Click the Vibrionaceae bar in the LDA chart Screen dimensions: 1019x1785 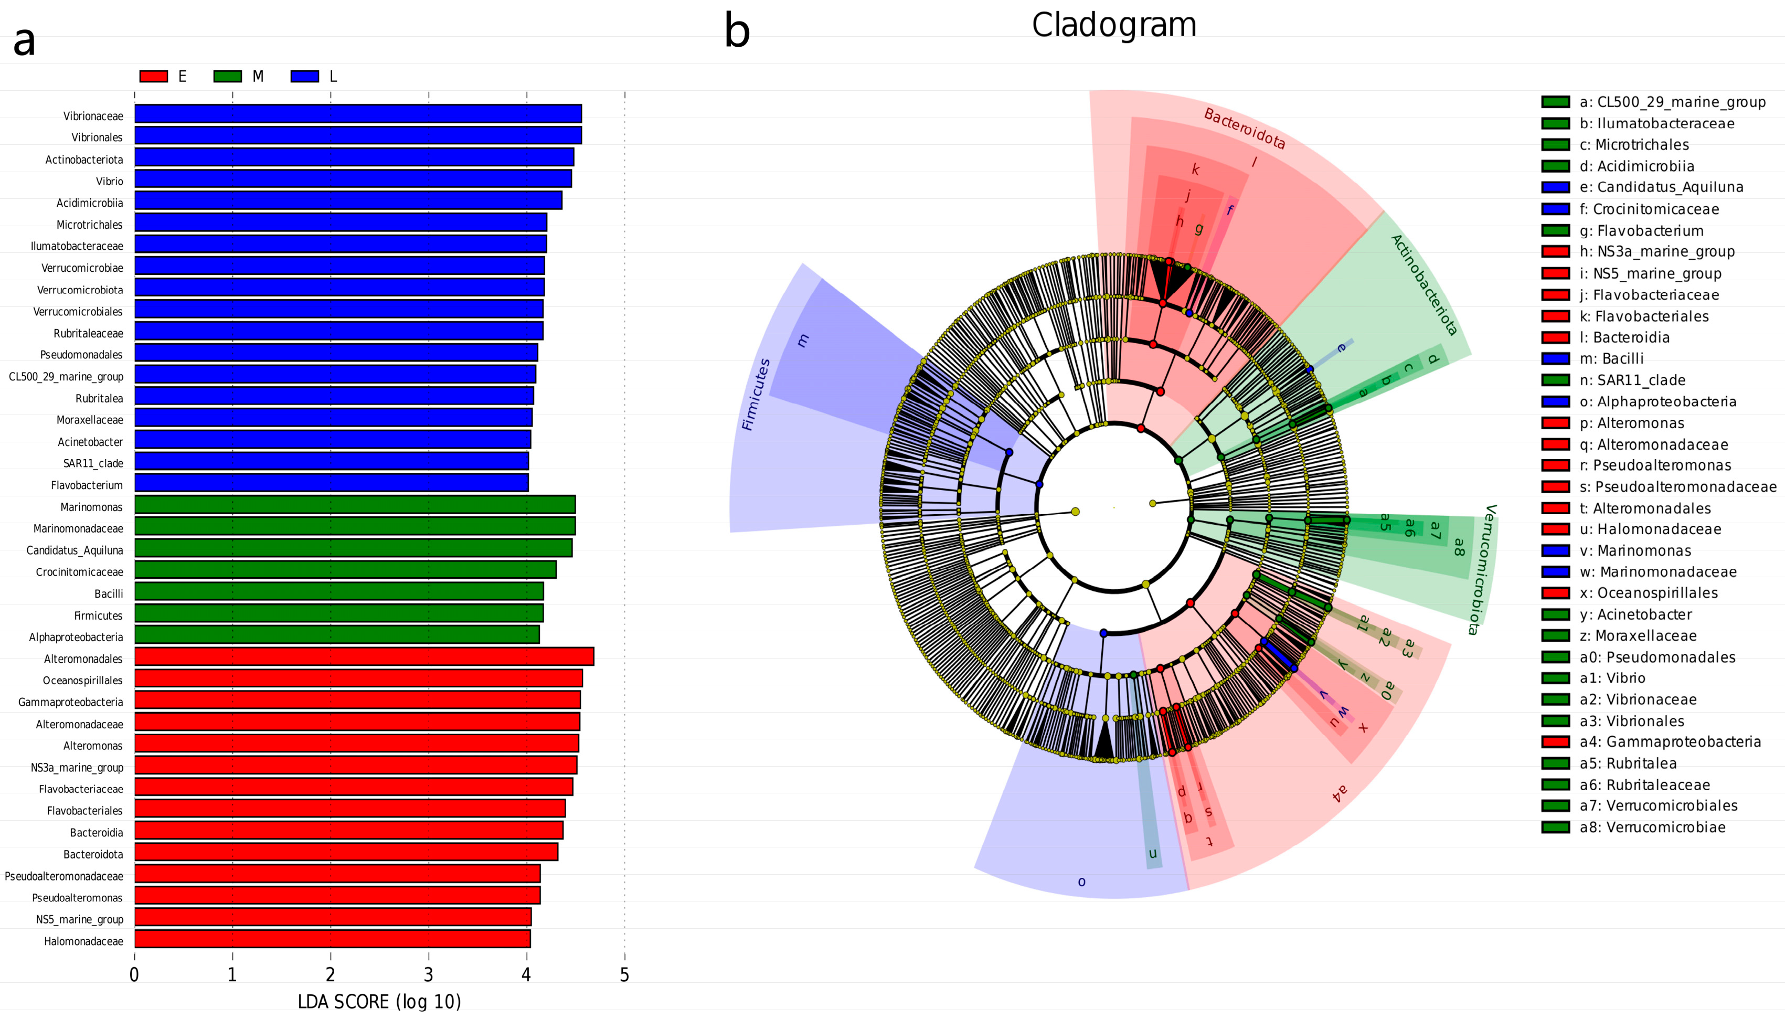[357, 114]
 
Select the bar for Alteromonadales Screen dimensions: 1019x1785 [364, 656]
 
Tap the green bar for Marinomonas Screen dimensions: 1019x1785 [355, 505]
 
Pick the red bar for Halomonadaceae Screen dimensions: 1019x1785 [332, 939]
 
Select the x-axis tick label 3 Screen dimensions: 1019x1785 [428, 975]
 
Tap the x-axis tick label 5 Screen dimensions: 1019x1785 [624, 975]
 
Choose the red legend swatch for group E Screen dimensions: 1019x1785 [154, 76]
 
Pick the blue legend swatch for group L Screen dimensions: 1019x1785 [304, 76]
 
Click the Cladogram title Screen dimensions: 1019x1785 [1114, 25]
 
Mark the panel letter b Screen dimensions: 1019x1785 [737, 31]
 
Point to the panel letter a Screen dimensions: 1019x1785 [25, 40]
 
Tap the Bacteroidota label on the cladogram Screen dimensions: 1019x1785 [1244, 129]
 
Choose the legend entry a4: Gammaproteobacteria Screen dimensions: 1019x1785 [1669, 742]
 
